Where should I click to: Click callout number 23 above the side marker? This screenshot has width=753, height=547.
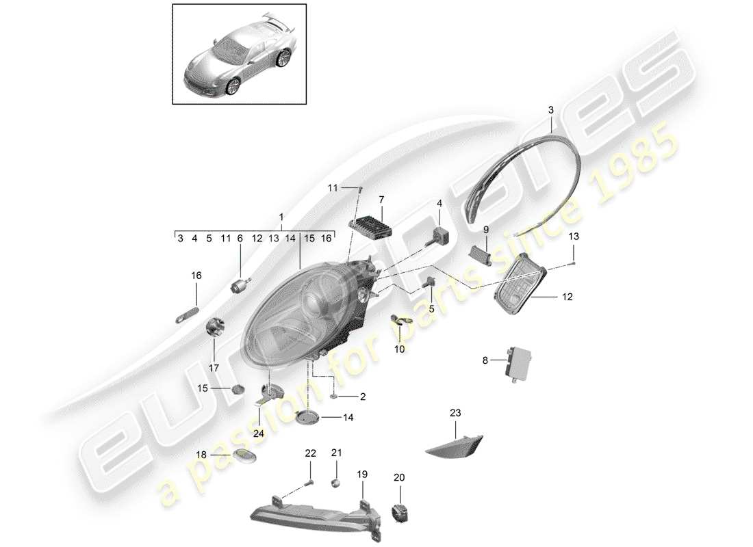pyautogui.click(x=456, y=412)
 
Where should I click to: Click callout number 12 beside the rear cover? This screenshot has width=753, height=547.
pyautogui.click(x=567, y=297)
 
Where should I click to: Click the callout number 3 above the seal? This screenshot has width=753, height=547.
pyautogui.click(x=551, y=109)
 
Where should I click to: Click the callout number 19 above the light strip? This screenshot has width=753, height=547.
pyautogui.click(x=361, y=472)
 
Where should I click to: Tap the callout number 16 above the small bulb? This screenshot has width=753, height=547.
pyautogui.click(x=196, y=276)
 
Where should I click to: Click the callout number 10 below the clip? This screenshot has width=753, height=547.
pyautogui.click(x=399, y=349)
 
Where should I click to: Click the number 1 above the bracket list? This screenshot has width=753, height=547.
pyautogui.click(x=281, y=216)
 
